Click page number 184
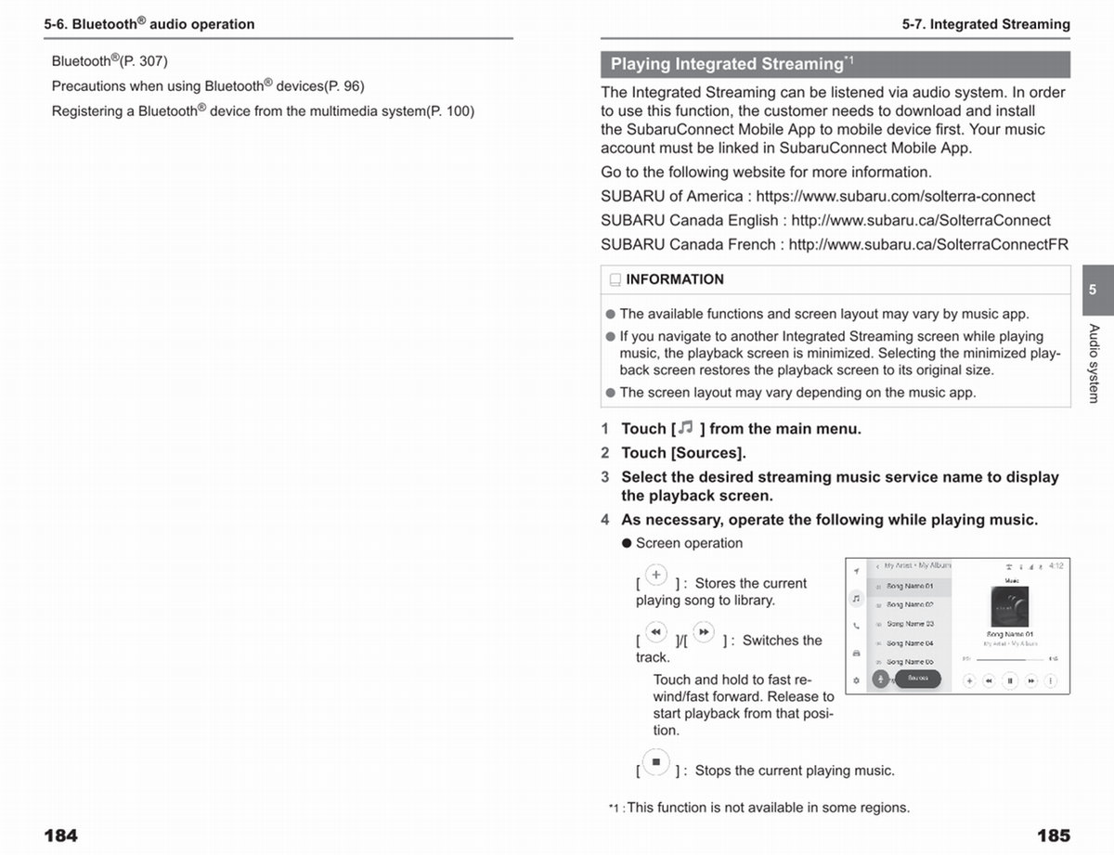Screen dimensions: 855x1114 pos(61,836)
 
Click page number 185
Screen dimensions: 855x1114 pos(1053,836)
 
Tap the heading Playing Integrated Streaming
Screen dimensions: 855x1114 pos(726,64)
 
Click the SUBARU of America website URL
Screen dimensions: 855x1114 pos(895,196)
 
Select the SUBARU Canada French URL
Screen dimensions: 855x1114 pos(928,244)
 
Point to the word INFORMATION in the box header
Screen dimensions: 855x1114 pos(675,279)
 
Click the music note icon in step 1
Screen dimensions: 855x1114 pos(685,428)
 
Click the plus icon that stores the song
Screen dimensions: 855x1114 pos(655,575)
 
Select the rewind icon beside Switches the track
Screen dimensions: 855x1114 pos(655,632)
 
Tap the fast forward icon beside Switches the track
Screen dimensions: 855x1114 pos(704,632)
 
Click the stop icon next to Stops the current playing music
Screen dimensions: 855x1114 pos(655,762)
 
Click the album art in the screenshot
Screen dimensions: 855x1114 pos(1010,609)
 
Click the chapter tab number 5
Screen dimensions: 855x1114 pos(1093,290)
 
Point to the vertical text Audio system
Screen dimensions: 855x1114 pos(1094,363)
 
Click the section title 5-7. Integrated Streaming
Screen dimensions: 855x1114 pos(986,24)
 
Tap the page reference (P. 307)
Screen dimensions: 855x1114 pos(144,61)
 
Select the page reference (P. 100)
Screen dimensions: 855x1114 pos(450,111)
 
